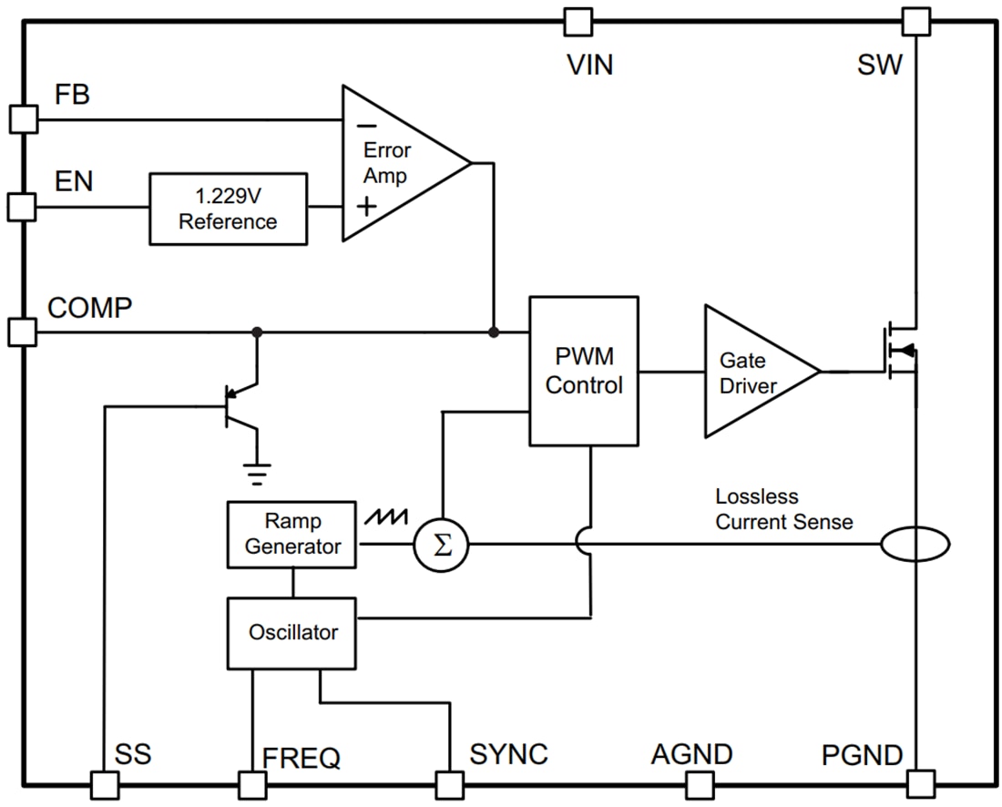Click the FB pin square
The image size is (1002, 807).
pyautogui.click(x=23, y=118)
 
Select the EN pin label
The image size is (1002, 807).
pyautogui.click(x=74, y=180)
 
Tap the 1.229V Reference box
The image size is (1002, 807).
pyautogui.click(x=228, y=209)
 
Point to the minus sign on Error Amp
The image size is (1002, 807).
pyautogui.click(x=365, y=127)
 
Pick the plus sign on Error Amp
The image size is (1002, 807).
pyautogui.click(x=366, y=205)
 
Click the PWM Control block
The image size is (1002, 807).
pyautogui.click(x=583, y=371)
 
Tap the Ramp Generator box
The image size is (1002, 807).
pyautogui.click(x=291, y=534)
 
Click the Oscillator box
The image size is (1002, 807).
pyautogui.click(x=291, y=632)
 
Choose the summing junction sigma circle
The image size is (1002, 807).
pyautogui.click(x=441, y=546)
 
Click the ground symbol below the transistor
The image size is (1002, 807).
pyautogui.click(x=259, y=470)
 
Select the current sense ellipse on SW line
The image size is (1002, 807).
pyautogui.click(x=915, y=545)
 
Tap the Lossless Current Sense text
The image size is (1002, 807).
pyautogui.click(x=783, y=509)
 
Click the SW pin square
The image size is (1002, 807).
pyautogui.click(x=915, y=21)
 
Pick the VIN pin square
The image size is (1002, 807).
pyautogui.click(x=578, y=21)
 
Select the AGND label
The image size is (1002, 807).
pyautogui.click(x=691, y=755)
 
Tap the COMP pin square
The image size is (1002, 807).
pyautogui.click(x=23, y=332)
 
